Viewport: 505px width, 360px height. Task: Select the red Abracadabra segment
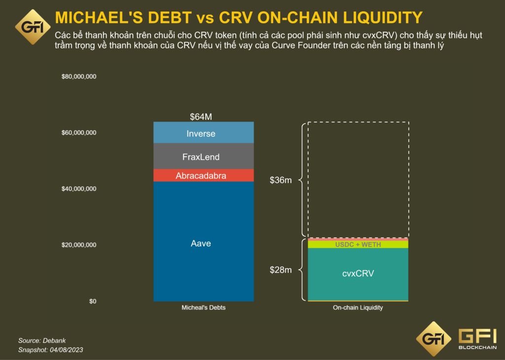[x=203, y=176]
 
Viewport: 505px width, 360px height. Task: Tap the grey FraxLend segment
[x=203, y=157]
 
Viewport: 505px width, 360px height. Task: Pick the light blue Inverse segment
[x=203, y=134]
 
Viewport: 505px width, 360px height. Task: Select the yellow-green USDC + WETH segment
[x=358, y=245]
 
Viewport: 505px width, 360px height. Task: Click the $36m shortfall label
[x=281, y=180]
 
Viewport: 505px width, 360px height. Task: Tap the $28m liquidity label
[x=281, y=270]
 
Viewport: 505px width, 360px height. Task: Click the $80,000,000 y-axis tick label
[x=79, y=77]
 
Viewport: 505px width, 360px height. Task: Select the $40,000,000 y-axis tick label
[x=79, y=189]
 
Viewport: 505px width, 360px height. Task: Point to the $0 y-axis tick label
[x=93, y=301]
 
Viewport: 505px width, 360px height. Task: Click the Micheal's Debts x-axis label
[x=204, y=308]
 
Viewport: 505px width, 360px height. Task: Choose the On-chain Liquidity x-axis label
[x=358, y=308]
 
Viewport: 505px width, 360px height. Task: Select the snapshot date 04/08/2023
[x=65, y=350]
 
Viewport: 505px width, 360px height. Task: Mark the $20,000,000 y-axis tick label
[x=79, y=245]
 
